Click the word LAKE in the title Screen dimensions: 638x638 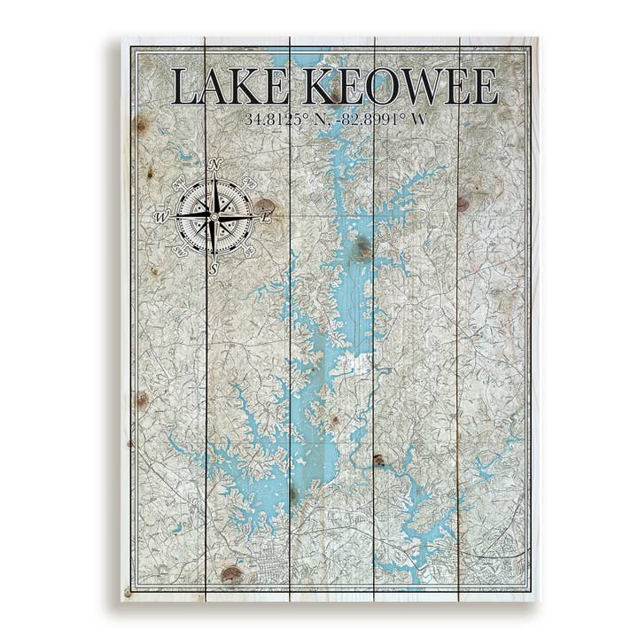coord(229,87)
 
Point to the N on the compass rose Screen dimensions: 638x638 coord(214,165)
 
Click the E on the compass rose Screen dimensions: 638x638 coord(266,215)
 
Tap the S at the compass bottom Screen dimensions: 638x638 coord(214,268)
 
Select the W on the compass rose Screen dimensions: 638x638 coord(161,215)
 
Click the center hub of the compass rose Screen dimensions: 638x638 coord(214,215)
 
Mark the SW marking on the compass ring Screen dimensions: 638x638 coord(178,251)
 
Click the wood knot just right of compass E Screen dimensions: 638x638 coord(266,206)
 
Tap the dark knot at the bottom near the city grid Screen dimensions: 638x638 coord(230,573)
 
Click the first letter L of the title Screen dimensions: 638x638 coord(183,87)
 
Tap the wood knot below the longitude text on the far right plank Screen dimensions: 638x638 coord(463,203)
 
